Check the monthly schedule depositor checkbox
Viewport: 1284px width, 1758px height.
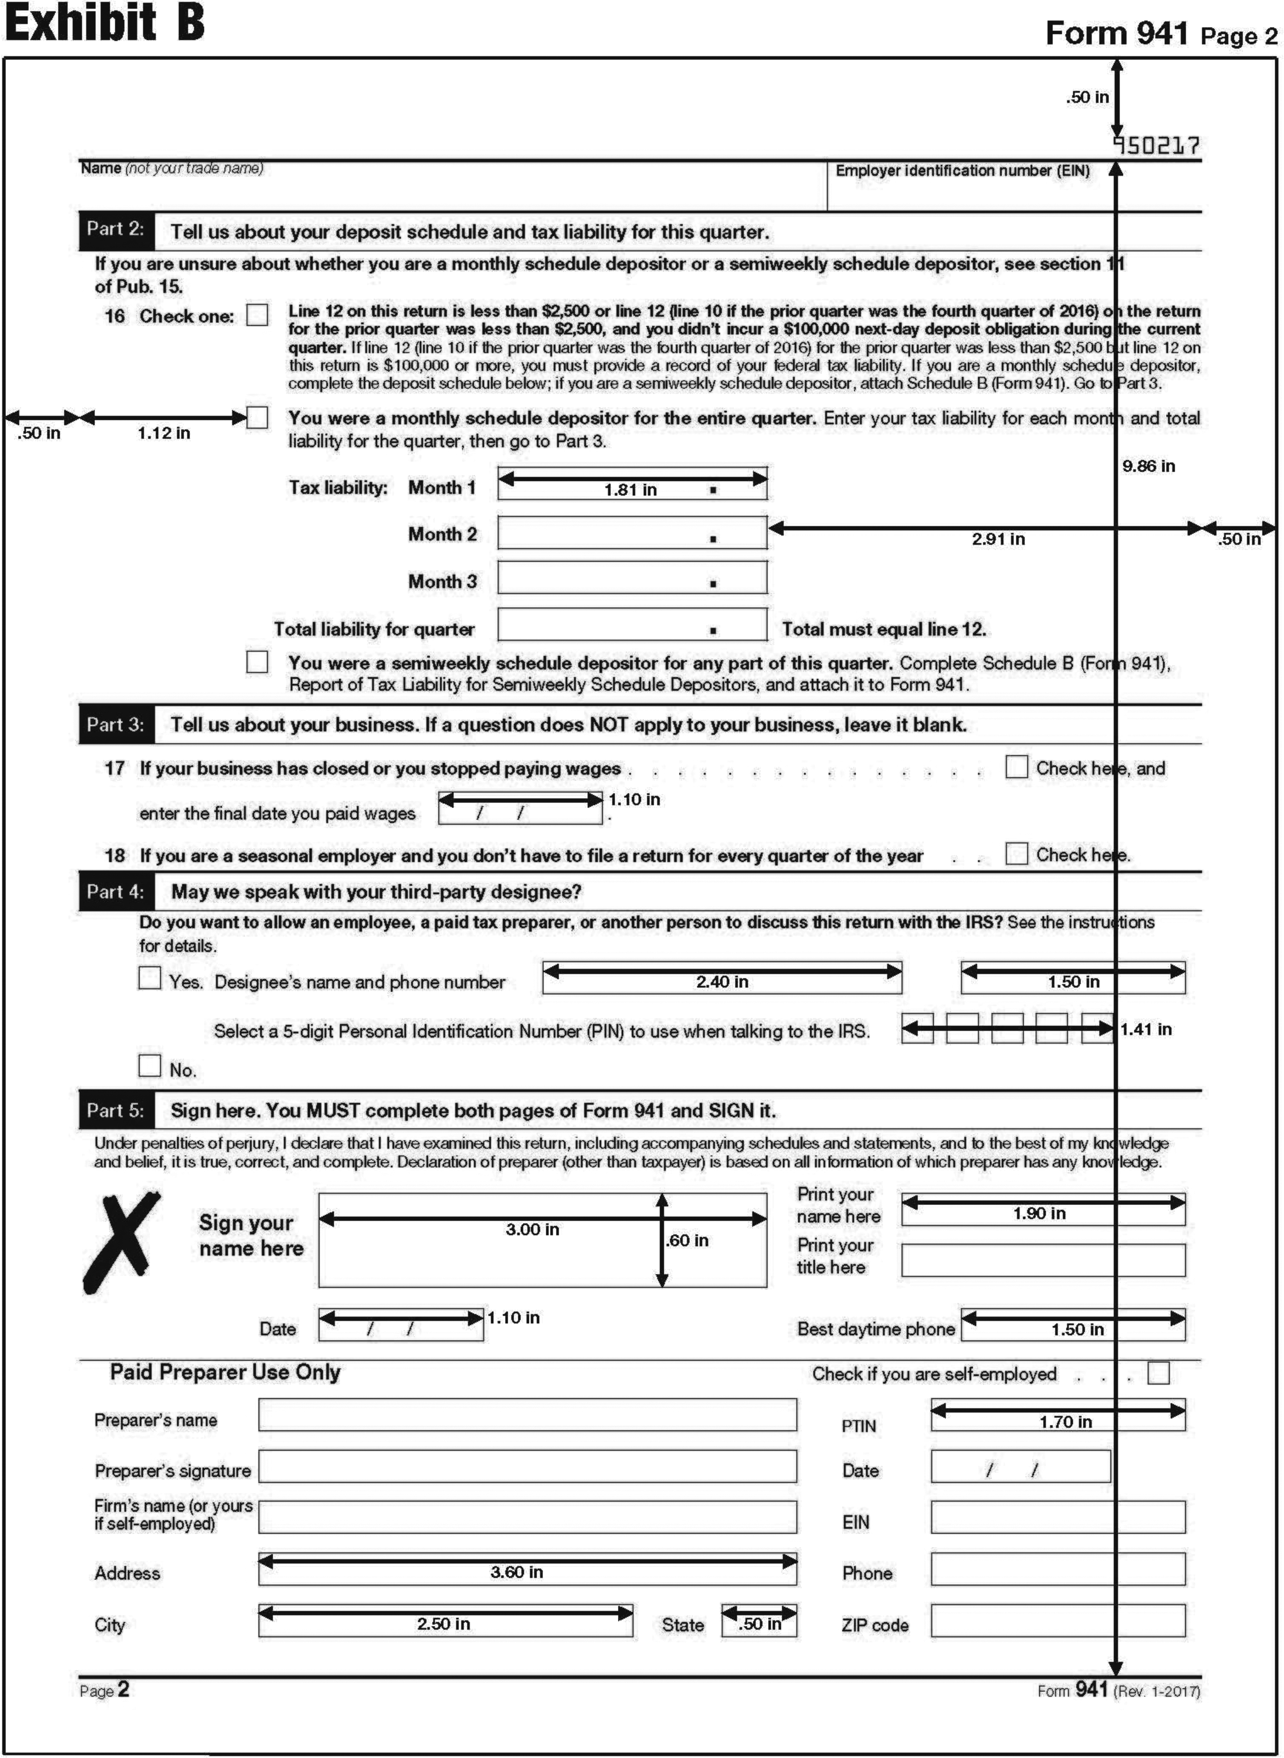(x=257, y=418)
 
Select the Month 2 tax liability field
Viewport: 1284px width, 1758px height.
(x=632, y=533)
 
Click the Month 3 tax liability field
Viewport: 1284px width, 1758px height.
(x=632, y=578)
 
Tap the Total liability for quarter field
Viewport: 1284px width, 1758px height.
(x=632, y=625)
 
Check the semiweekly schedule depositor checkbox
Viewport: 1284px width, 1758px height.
(x=257, y=662)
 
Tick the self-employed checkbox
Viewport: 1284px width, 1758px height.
(x=1158, y=1373)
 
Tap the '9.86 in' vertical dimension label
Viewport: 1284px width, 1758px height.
(x=1148, y=466)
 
